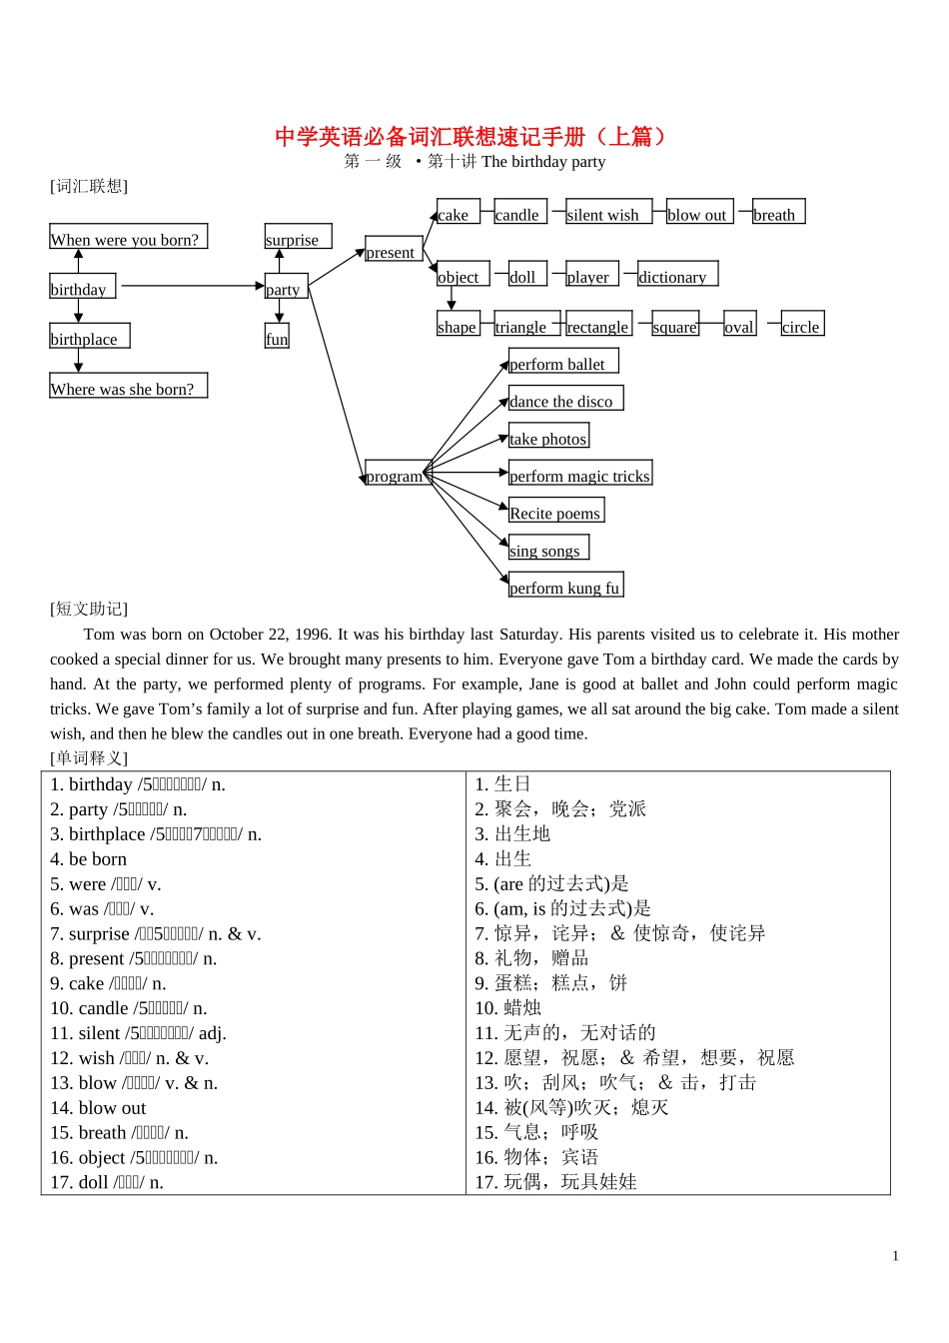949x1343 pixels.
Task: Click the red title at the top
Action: (x=471, y=136)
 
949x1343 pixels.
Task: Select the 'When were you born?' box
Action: (x=128, y=237)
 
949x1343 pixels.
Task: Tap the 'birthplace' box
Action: (x=89, y=337)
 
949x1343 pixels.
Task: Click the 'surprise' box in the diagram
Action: (x=297, y=237)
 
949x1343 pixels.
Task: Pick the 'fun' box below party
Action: (x=277, y=337)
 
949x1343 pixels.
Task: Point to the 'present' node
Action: (x=393, y=250)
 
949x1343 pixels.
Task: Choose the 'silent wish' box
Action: (x=608, y=212)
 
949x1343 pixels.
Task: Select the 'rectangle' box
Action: (x=598, y=325)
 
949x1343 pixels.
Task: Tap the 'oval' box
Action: (x=739, y=325)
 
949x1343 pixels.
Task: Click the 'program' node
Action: (x=396, y=475)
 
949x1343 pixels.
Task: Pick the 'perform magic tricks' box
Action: (x=579, y=474)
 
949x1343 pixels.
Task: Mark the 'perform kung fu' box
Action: (x=565, y=586)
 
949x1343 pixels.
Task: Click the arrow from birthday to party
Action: (x=190, y=287)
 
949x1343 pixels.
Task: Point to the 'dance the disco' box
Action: (x=565, y=399)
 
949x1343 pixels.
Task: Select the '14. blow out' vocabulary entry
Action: (x=98, y=1108)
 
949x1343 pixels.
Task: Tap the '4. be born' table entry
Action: (x=89, y=859)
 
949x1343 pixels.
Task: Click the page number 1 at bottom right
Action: (x=895, y=1256)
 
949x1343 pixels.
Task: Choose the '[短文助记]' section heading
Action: (x=89, y=609)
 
